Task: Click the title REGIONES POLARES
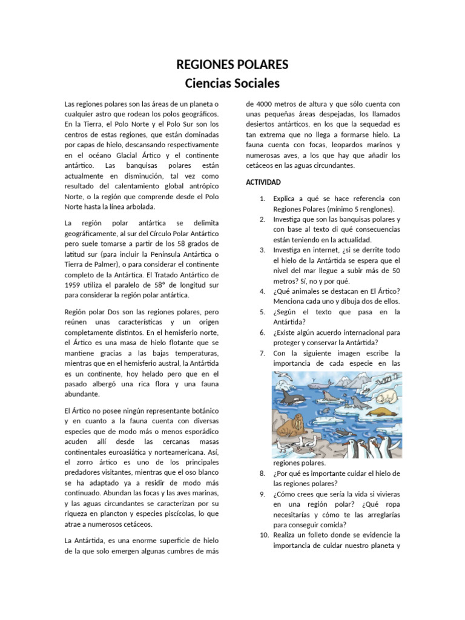pos(232,64)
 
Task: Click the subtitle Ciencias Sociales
pos(232,82)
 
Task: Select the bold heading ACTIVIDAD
pos(263,182)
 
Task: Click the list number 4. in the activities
pos(262,291)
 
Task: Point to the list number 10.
pos(263,535)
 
